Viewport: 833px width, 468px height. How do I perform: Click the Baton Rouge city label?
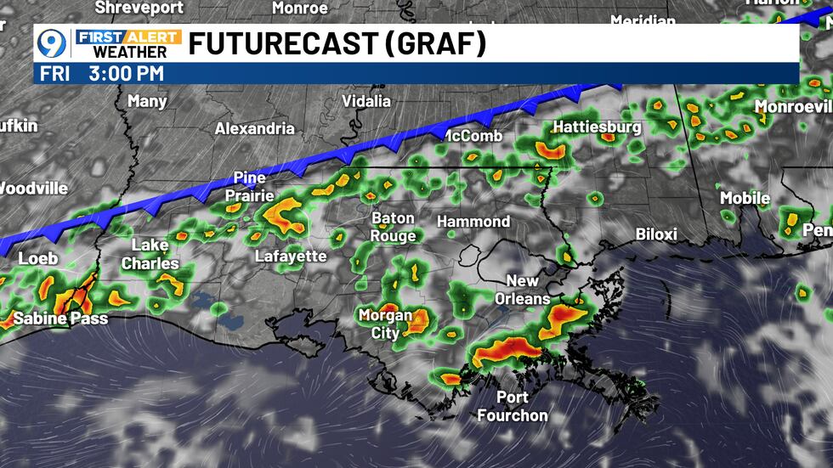(393, 227)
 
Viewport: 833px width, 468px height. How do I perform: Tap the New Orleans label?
(528, 290)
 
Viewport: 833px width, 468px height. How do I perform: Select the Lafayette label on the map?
(291, 256)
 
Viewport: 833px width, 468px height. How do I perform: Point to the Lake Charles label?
(150, 255)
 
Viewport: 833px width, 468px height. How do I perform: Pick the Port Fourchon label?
(513, 407)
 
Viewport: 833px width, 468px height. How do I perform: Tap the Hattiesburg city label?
(597, 127)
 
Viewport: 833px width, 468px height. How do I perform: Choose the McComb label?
(473, 136)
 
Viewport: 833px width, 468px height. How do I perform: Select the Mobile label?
(745, 198)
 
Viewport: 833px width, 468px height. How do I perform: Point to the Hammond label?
(473, 222)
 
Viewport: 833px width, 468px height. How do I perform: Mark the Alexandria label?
(254, 129)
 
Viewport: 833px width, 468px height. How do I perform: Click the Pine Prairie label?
(250, 187)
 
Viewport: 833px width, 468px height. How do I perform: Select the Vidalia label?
(365, 101)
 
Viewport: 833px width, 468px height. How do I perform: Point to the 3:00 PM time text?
(126, 74)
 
